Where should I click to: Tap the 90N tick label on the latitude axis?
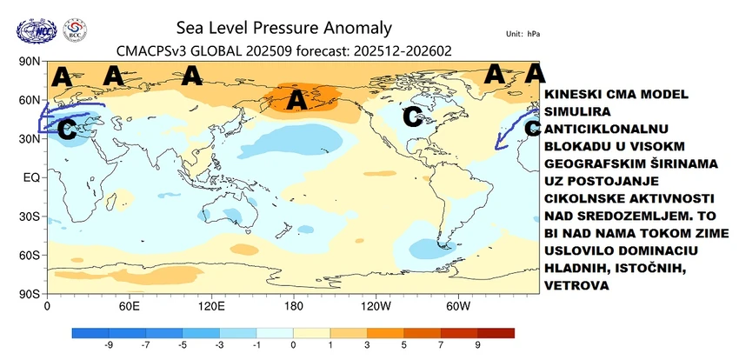[x=30, y=62]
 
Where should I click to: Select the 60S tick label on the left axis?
[x=30, y=255]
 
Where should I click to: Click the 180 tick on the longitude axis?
[x=294, y=306]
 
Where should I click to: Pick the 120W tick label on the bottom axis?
[x=376, y=306]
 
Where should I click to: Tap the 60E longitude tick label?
[x=129, y=306]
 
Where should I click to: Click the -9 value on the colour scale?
[x=109, y=345]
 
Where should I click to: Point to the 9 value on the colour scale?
[x=478, y=345]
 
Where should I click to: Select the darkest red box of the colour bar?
[x=496, y=332]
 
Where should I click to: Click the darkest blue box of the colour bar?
[x=90, y=332]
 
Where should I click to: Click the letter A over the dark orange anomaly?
[x=296, y=101]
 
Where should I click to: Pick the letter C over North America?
[x=411, y=115]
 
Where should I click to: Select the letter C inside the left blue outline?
[x=64, y=130]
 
